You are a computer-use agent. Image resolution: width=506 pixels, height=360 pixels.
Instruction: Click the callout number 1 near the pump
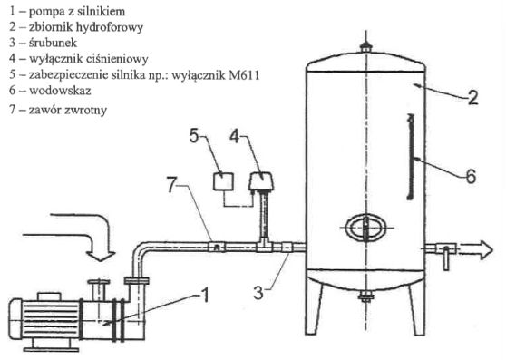(x=205, y=295)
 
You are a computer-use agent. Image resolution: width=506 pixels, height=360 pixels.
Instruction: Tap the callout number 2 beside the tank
(x=472, y=97)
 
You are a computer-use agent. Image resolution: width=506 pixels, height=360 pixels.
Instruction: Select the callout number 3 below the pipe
(x=258, y=293)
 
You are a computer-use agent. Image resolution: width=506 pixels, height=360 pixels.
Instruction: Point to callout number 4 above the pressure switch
(x=235, y=136)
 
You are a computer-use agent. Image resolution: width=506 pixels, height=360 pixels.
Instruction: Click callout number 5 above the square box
(x=194, y=135)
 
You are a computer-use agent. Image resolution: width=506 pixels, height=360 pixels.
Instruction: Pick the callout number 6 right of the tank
(x=472, y=177)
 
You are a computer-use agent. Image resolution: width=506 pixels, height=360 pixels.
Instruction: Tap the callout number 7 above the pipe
(x=172, y=185)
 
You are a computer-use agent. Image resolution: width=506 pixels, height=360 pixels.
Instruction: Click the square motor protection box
(x=223, y=181)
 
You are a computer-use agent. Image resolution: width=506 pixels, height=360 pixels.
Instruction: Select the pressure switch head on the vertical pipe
(x=261, y=181)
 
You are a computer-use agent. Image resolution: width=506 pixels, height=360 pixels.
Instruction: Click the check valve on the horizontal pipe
(x=217, y=248)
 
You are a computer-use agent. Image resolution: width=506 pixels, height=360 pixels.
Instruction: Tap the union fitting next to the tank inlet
(x=287, y=248)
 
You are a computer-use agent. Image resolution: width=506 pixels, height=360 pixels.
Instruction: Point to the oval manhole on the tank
(x=365, y=228)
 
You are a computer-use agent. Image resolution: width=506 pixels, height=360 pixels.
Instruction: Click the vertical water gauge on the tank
(x=410, y=157)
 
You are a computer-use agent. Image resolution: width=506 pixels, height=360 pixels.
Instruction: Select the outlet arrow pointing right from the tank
(x=476, y=250)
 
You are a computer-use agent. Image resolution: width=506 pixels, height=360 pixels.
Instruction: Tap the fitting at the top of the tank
(x=366, y=47)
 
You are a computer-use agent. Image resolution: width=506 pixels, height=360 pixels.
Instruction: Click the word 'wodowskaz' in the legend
(x=60, y=91)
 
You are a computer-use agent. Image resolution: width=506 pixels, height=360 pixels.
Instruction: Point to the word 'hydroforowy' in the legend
(x=110, y=27)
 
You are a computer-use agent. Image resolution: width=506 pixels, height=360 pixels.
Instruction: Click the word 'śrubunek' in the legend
(x=53, y=43)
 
